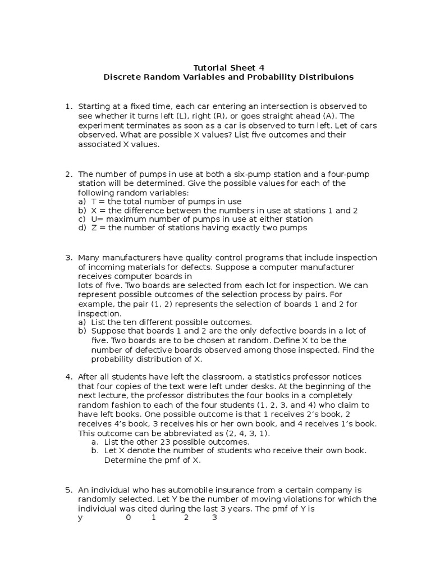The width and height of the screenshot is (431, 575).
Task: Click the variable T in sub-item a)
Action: (x=93, y=201)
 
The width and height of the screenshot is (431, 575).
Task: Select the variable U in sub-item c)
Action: (x=94, y=219)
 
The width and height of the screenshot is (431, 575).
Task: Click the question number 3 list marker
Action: (x=68, y=257)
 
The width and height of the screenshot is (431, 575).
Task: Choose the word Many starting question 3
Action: (x=89, y=257)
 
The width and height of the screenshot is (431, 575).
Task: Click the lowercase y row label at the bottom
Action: (x=80, y=517)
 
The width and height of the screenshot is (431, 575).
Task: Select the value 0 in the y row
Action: (x=128, y=517)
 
